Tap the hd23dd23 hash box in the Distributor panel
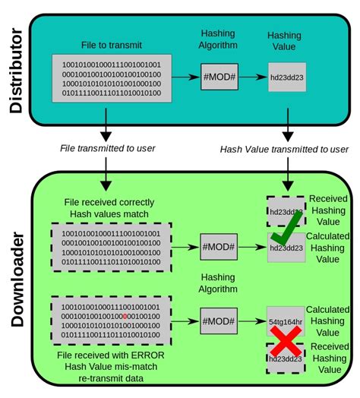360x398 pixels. [286, 77]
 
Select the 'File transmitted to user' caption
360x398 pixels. [105, 148]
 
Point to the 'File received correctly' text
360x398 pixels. [111, 202]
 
